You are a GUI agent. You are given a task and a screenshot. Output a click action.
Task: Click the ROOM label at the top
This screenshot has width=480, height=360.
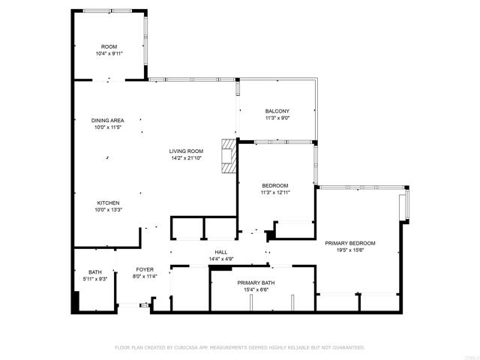pos(109,46)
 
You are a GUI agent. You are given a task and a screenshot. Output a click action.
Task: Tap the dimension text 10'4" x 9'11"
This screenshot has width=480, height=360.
pos(109,54)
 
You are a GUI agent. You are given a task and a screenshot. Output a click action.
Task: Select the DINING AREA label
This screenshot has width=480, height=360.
pos(108,120)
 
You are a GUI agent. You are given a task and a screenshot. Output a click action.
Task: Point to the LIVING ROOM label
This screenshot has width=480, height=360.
pos(186,151)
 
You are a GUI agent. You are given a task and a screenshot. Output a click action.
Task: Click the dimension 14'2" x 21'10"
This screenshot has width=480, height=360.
pos(186,158)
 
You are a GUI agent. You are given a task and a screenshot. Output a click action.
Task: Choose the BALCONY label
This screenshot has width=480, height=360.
pos(277,111)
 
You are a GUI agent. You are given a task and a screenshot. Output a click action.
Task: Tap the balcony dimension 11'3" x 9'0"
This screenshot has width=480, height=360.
pos(277,118)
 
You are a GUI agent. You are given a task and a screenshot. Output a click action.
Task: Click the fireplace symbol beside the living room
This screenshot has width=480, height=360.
pos(226,156)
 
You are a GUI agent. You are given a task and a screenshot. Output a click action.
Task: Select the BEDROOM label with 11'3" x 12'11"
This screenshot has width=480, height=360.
pos(274,185)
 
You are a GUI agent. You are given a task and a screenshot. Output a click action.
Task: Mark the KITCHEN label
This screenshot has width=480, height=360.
pos(108,202)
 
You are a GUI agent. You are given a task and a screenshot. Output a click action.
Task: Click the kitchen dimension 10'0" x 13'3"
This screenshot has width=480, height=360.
pos(108,210)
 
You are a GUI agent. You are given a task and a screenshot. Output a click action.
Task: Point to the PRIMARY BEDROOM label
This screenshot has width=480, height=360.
pos(349,243)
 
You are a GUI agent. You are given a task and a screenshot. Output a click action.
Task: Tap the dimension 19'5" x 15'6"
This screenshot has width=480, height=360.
pos(349,250)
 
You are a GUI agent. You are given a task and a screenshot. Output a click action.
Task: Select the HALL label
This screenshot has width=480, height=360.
pos(221,252)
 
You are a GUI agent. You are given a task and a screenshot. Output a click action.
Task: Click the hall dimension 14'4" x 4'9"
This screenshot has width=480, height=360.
pos(221,259)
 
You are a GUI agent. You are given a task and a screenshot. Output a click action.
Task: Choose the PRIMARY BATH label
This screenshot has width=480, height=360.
pos(256,283)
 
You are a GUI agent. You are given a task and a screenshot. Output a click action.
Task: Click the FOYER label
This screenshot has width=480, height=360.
pos(145,269)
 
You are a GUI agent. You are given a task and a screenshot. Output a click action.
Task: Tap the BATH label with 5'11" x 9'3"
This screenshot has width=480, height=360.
pos(94,272)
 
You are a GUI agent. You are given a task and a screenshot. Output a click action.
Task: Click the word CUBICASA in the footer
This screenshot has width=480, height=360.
pos(187,348)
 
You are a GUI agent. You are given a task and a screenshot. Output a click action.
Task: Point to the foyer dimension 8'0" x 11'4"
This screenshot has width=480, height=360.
pos(145,277)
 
